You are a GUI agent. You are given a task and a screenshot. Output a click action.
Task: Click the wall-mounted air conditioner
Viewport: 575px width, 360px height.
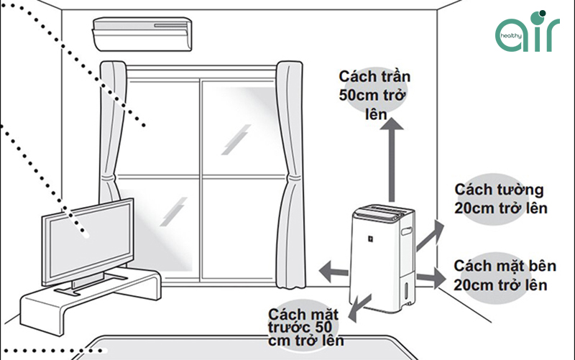pos(142,34)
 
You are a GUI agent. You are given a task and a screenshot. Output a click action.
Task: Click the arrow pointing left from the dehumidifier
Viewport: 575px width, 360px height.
pos(333,272)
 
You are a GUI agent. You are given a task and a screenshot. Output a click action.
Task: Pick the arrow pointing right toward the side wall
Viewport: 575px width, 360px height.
pos(431,278)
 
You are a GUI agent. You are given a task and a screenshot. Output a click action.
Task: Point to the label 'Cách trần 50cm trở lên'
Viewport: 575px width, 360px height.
pos(374,96)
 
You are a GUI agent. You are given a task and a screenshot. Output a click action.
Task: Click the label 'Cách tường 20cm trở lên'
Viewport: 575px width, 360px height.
pos(501,199)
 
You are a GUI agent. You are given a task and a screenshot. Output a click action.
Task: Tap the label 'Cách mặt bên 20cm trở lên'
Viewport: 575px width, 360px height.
pos(505,275)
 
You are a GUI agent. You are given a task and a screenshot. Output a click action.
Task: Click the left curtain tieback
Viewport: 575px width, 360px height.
pos(110,178)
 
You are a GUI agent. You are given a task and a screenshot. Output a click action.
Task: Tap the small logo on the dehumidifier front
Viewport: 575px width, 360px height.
pos(371,239)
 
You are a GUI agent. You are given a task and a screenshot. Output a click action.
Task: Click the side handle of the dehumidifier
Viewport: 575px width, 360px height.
pos(406,231)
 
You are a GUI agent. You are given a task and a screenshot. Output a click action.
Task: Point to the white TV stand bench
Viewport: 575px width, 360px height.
pos(91,300)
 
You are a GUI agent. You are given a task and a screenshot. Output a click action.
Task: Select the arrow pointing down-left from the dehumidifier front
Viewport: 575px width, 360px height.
pos(359,308)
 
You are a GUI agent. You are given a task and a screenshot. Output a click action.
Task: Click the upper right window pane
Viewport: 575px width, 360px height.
pos(238,127)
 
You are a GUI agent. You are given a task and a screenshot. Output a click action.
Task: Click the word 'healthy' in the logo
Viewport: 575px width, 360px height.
pos(511,36)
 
